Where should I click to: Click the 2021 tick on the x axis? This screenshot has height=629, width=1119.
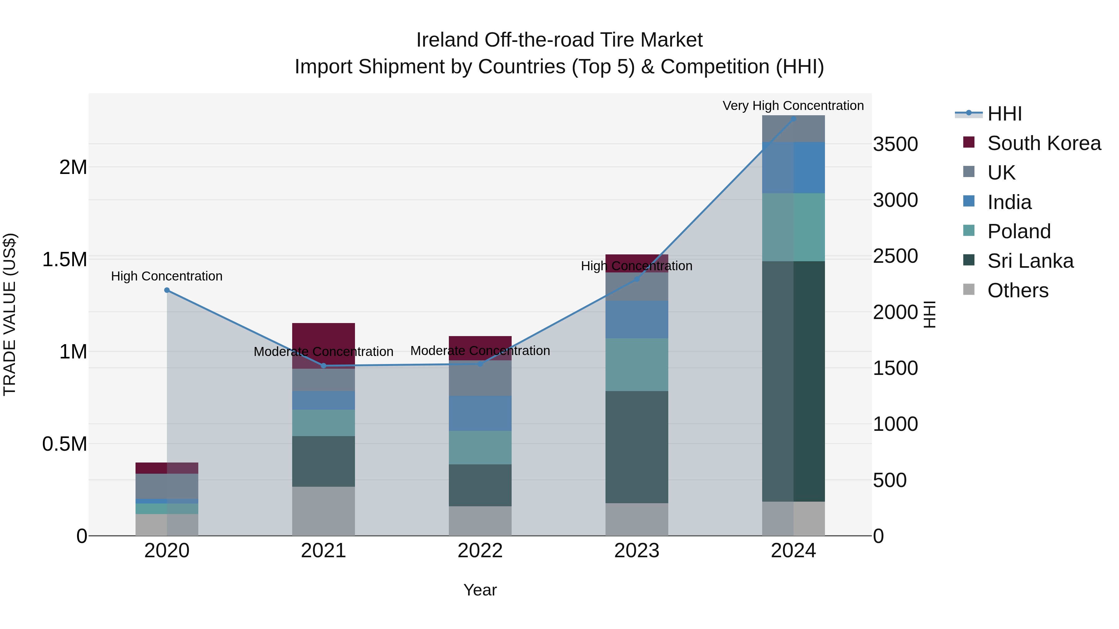(323, 551)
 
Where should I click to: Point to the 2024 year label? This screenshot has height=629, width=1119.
(793, 551)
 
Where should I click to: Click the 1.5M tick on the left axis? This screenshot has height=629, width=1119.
(64, 260)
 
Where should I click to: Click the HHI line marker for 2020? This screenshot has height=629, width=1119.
(167, 290)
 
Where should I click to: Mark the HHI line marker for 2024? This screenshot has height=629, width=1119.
(793, 119)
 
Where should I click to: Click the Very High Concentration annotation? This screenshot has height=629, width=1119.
(793, 106)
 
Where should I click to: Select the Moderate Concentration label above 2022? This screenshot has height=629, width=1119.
(480, 350)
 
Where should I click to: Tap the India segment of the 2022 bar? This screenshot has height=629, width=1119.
(480, 413)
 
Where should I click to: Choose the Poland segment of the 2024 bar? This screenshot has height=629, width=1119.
(793, 227)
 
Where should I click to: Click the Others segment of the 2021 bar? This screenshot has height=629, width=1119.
(323, 511)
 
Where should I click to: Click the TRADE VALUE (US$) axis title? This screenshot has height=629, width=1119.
(10, 314)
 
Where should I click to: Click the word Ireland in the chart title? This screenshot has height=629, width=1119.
(447, 40)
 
